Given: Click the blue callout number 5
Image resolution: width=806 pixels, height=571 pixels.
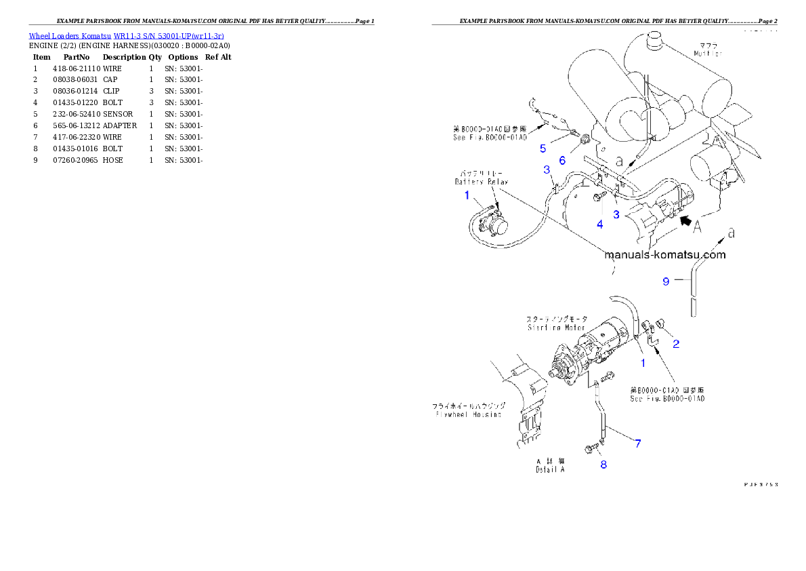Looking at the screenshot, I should (543, 148).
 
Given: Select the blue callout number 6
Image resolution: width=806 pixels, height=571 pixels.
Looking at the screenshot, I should (561, 160).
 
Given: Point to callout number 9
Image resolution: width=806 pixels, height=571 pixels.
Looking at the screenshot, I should (666, 281).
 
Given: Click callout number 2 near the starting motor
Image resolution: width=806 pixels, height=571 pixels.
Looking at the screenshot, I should (676, 344).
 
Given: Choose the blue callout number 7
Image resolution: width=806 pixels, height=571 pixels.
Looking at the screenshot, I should (637, 444).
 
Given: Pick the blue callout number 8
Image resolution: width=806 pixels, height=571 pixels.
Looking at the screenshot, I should (603, 465).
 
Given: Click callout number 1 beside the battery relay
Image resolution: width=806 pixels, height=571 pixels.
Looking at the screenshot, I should (467, 195).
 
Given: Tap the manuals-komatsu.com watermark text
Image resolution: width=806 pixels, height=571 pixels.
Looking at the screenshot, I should (664, 256).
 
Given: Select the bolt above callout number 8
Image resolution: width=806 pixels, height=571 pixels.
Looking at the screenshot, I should (593, 447).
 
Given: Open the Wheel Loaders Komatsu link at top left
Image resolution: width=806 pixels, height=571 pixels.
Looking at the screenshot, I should (126, 35).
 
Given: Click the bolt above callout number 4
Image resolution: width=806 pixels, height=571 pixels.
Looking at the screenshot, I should (598, 198).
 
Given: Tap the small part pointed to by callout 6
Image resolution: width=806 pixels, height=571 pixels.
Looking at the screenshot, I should (584, 143).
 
